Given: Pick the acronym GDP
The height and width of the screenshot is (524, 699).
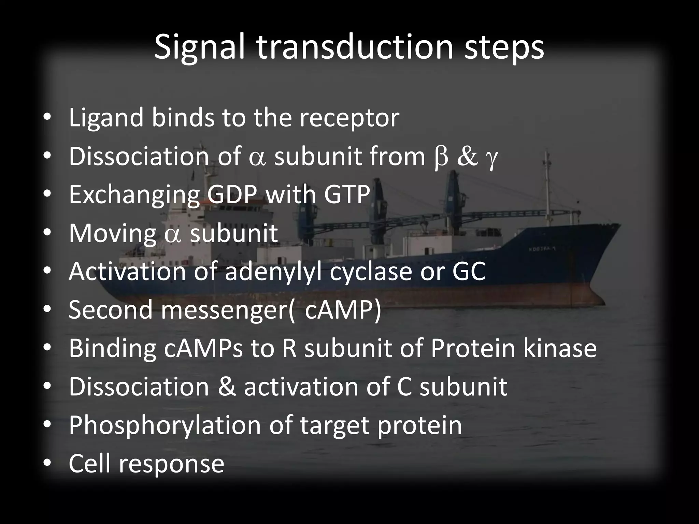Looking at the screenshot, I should pos(232,195).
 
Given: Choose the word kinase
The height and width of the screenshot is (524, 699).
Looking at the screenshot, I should pos(560,349).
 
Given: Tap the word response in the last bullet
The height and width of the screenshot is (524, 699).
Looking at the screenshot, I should pos(171,465).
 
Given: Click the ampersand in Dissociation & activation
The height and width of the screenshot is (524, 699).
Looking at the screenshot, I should pos(226,387).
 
